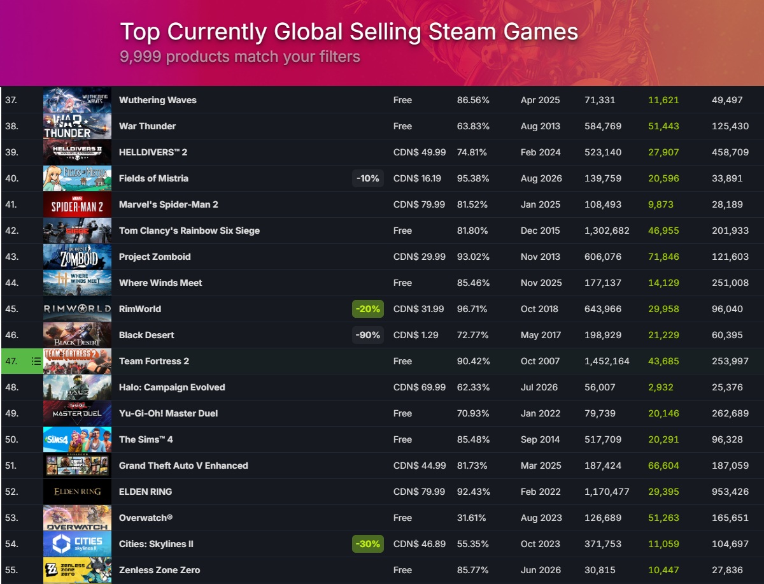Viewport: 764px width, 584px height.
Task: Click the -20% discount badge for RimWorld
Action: [x=368, y=309]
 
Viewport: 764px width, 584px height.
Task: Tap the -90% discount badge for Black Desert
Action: [x=368, y=335]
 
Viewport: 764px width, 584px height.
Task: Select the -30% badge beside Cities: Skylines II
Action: [x=368, y=544]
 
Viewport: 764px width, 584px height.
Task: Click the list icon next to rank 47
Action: [x=36, y=361]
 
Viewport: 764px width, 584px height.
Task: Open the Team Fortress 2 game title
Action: [x=154, y=361]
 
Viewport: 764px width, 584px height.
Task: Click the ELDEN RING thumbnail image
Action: [x=77, y=492]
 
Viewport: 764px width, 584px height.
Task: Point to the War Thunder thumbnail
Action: [x=77, y=126]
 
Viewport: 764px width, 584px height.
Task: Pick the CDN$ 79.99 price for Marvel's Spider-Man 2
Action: [x=419, y=204]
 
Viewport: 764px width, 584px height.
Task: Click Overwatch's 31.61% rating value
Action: [x=471, y=518]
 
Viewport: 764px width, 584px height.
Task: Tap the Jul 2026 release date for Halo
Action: [x=539, y=387]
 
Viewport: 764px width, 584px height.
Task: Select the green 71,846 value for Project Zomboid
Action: [x=663, y=257]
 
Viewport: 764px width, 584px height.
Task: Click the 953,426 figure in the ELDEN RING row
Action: [x=730, y=492]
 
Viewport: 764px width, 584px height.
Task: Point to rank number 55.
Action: [x=11, y=570]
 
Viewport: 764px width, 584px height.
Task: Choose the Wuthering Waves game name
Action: [x=158, y=100]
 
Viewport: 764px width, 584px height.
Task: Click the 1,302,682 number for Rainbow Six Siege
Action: [x=607, y=231]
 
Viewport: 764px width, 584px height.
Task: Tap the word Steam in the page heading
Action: [x=462, y=32]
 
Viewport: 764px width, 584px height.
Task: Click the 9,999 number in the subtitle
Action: [x=141, y=57]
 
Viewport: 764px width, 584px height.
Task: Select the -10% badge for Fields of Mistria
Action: [x=368, y=178]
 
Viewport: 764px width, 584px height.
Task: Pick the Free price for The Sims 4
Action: [x=403, y=439]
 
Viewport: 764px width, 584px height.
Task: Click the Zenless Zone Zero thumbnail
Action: [x=77, y=570]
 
